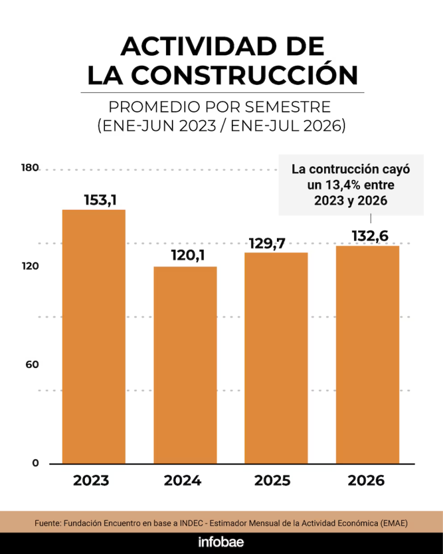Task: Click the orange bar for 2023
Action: tap(94, 336)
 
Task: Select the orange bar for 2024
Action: tap(185, 365)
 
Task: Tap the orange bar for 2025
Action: tap(276, 358)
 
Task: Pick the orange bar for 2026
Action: tap(367, 355)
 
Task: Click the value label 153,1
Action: tap(100, 200)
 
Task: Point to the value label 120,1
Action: tap(188, 256)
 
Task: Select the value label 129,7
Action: tap(267, 244)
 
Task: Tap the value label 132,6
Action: tap(370, 236)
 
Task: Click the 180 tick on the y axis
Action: tap(30, 167)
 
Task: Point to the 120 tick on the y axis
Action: tap(31, 266)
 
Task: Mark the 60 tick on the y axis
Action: tap(32, 364)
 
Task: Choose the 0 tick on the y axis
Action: tap(35, 463)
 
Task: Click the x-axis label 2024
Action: tap(183, 481)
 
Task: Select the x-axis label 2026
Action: tap(366, 481)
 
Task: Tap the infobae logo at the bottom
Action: tap(221, 542)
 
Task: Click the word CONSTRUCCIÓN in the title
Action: tap(245, 74)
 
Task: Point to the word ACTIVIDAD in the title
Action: tap(199, 46)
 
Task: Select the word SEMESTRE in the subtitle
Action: tap(288, 107)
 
